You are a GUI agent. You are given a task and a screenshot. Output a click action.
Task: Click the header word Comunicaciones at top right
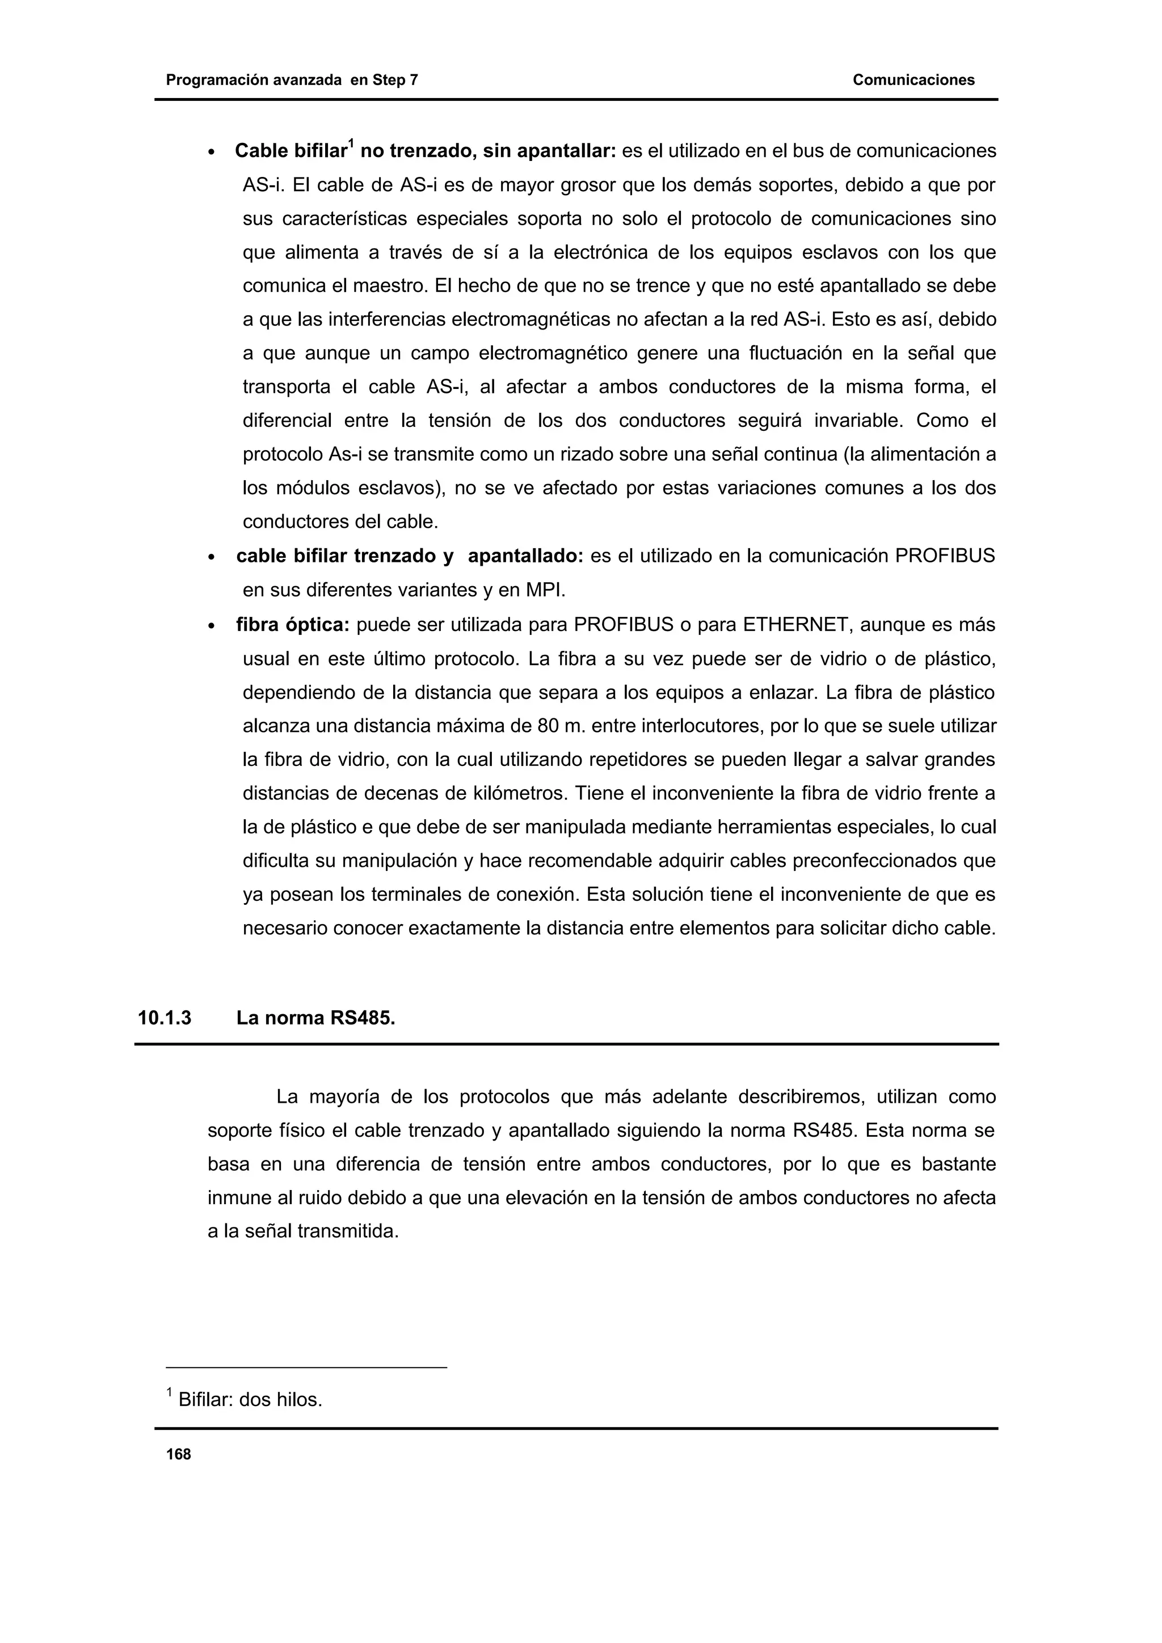913,80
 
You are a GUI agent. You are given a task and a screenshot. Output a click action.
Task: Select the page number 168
178,1454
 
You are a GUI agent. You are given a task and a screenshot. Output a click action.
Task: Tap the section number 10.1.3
165,1018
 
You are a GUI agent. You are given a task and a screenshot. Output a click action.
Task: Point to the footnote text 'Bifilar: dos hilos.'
250,1400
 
